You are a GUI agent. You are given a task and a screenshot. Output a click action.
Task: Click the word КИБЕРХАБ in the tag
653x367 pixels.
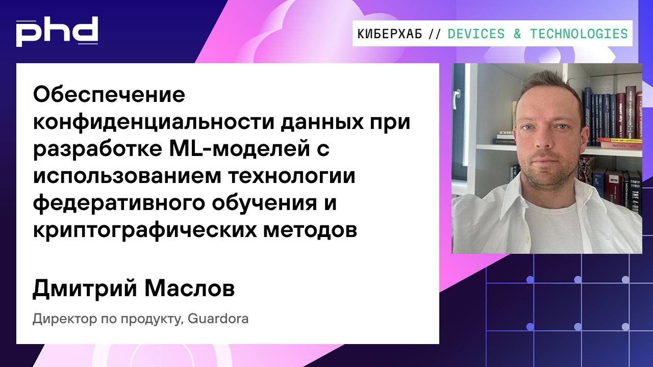pos(390,34)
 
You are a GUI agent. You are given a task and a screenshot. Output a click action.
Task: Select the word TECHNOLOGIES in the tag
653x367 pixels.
pos(579,34)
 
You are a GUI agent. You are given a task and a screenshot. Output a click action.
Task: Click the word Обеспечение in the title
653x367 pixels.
pos(109,95)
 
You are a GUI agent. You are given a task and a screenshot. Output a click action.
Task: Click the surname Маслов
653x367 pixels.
pos(189,289)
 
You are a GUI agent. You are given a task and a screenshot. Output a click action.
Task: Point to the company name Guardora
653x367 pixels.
pos(218,320)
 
